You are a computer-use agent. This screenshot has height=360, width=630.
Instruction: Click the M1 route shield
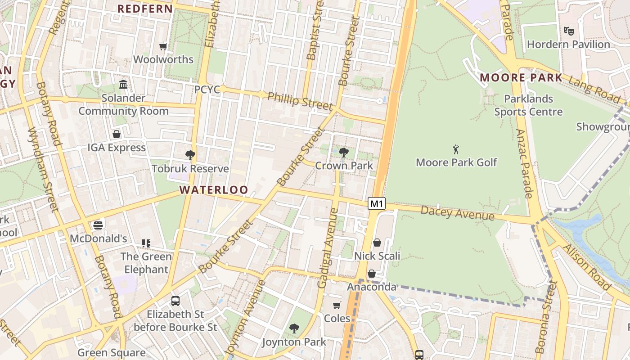tap(377, 204)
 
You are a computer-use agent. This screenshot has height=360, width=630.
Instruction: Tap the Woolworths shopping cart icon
tap(163, 46)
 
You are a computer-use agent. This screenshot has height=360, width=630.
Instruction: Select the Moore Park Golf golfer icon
tap(456, 149)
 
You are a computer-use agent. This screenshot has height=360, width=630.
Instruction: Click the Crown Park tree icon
tap(344, 153)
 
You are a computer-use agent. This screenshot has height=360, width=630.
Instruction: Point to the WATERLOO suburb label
tap(214, 190)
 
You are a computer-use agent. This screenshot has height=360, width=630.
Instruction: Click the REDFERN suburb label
tap(145, 9)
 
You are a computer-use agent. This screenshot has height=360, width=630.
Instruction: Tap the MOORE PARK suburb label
tap(521, 77)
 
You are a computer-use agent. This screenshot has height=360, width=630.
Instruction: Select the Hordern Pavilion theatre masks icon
tap(569, 31)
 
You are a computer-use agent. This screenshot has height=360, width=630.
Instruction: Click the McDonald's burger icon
tap(98, 225)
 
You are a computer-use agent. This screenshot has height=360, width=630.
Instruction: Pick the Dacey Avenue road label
tap(457, 213)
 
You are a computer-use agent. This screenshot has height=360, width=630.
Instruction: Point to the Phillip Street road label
tap(300, 100)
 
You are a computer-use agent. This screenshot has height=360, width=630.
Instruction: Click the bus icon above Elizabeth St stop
tap(175, 301)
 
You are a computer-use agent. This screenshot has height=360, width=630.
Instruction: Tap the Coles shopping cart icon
tap(337, 306)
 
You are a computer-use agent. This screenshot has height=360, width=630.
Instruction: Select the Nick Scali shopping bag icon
tap(377, 243)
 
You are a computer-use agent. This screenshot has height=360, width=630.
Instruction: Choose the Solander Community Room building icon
tap(123, 84)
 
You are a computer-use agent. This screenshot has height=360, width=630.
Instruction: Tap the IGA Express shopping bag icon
tap(117, 134)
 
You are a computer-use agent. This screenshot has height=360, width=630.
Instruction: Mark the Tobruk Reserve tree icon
tap(190, 155)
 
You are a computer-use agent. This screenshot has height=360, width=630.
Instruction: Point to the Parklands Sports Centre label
tap(528, 105)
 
